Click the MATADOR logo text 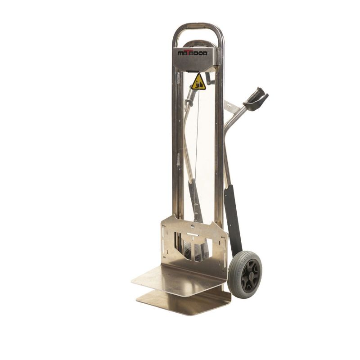coord(193,53)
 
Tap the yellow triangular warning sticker coord(198,82)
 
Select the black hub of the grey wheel coord(249,273)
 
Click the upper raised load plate coord(178,279)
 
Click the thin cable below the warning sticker coord(196,135)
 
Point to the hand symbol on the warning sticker coord(198,84)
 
